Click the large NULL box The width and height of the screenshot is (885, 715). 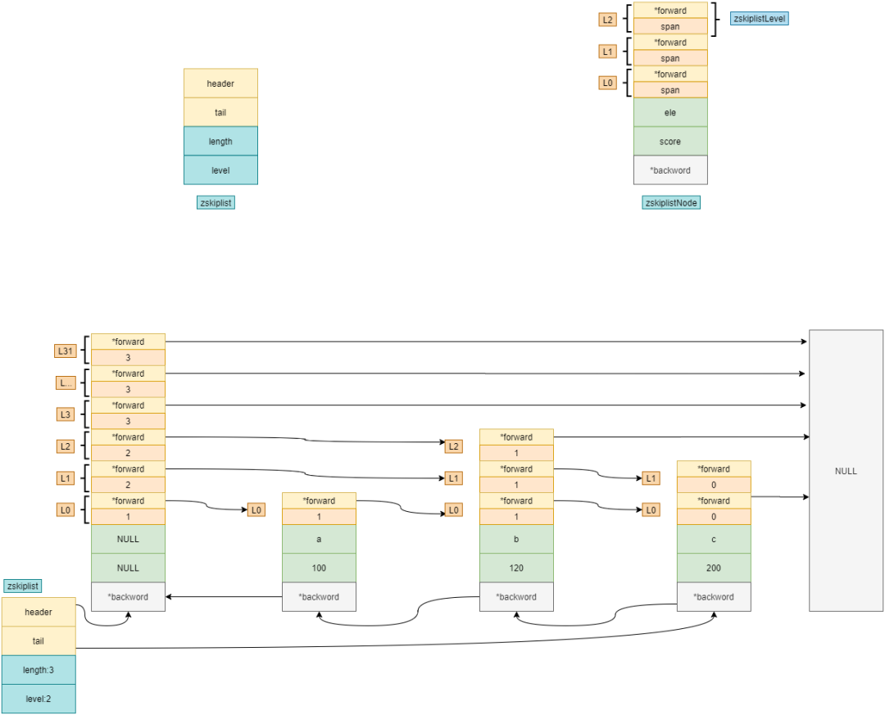point(846,471)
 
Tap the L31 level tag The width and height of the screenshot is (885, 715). point(66,351)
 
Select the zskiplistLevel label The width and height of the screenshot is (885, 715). point(759,19)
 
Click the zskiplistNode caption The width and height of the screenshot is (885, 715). point(671,202)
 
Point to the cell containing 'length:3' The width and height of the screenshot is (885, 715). point(39,670)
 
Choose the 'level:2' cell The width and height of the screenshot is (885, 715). point(39,699)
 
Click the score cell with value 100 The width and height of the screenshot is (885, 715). point(319,568)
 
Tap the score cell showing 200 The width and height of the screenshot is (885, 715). point(714,568)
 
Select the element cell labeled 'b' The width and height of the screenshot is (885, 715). point(516,539)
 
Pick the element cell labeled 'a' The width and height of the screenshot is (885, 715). point(319,539)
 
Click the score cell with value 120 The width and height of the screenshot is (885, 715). point(516,568)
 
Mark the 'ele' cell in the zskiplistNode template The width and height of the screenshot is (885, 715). point(670,112)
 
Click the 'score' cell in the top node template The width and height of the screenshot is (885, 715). point(670,141)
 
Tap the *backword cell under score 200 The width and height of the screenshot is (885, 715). point(714,596)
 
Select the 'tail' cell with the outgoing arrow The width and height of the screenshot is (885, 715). point(39,640)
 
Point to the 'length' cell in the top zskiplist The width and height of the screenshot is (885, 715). point(220,141)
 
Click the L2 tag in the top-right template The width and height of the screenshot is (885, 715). point(607,20)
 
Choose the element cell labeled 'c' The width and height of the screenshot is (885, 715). point(714,539)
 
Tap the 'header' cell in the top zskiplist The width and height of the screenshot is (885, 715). point(220,84)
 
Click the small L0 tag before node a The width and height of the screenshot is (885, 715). point(256,510)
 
